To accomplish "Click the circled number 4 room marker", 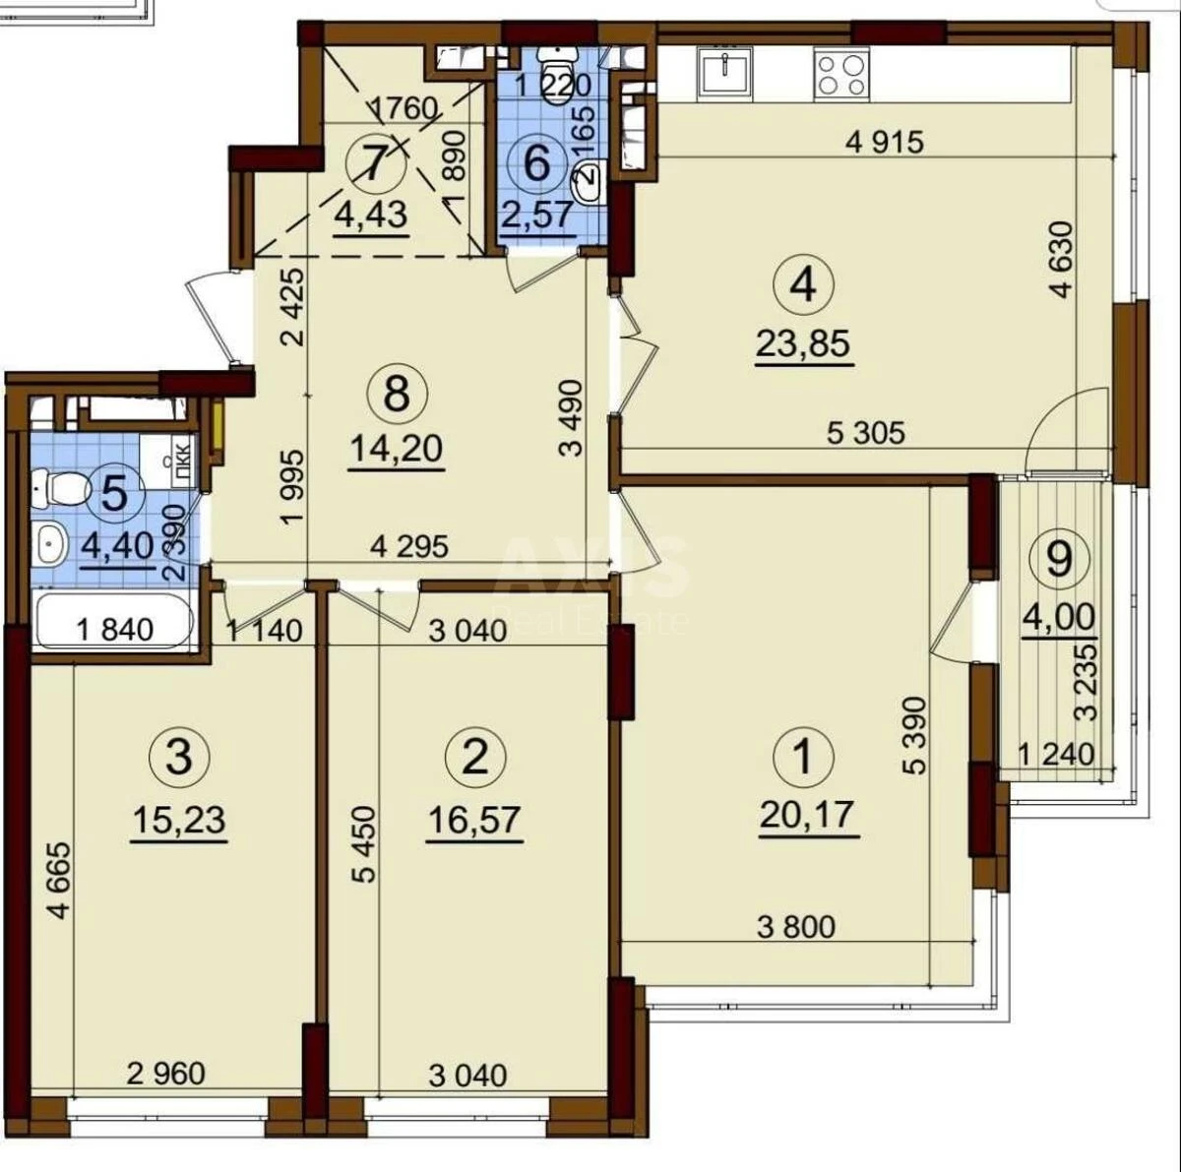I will (803, 285).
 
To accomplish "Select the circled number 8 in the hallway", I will (396, 395).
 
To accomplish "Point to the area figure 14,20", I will (397, 449).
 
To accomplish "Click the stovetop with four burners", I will (841, 73).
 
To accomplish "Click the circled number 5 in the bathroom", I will (114, 493).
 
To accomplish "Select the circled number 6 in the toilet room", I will (537, 161).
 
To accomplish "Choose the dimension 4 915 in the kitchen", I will (885, 142).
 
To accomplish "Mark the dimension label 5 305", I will (865, 431).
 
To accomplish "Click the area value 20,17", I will (807, 815).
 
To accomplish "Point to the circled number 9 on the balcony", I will (1059, 559).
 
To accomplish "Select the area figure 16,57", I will (474, 819).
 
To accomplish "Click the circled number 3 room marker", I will (178, 757).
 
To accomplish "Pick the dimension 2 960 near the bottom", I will (166, 1073).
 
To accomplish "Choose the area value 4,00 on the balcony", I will (1059, 617).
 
